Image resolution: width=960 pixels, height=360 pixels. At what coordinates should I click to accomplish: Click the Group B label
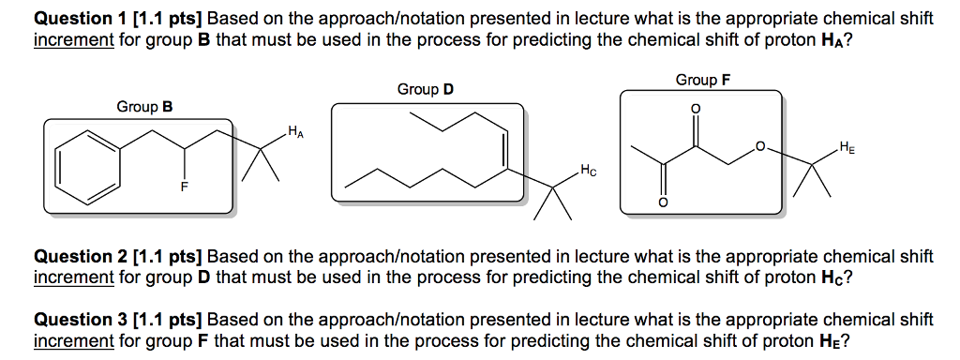point(144,107)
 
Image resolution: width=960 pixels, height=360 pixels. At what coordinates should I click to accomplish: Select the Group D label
point(425,89)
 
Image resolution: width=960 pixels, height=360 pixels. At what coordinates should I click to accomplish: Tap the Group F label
point(702,80)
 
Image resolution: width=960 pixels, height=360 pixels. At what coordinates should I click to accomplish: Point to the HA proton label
point(295,130)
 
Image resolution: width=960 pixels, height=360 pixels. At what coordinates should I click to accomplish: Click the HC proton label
point(588,171)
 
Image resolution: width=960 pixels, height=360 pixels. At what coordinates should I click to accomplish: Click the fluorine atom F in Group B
point(185,188)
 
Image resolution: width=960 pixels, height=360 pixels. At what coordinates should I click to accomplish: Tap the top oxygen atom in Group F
point(694,108)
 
